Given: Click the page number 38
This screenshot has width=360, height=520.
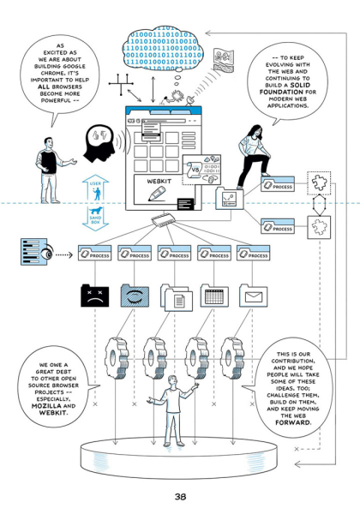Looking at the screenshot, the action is [x=180, y=497].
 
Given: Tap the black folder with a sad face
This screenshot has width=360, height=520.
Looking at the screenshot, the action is [x=95, y=296].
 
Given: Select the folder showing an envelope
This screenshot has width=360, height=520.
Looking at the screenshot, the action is [x=253, y=296].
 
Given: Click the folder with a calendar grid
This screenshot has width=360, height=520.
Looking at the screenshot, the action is [x=214, y=296].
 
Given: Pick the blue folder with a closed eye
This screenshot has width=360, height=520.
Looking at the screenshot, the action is [x=135, y=296].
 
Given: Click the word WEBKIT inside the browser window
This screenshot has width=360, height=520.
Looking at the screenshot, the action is [x=159, y=182].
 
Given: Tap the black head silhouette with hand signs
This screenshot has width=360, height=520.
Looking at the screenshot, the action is [x=99, y=143].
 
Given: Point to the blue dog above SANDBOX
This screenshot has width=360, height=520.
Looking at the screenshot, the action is [x=96, y=210].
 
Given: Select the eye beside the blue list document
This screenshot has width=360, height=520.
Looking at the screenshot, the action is [x=47, y=254].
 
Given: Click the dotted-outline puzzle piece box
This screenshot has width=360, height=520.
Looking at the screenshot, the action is [x=319, y=182].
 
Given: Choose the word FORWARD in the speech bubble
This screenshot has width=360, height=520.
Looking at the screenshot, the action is [x=293, y=422].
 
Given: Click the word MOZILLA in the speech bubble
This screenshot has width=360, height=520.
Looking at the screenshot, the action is [x=46, y=406].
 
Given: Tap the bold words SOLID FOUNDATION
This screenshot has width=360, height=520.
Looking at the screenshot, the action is [x=285, y=88].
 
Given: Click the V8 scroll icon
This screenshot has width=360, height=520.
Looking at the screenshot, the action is [x=195, y=170].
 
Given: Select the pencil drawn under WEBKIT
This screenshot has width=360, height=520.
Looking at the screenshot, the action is [x=157, y=194].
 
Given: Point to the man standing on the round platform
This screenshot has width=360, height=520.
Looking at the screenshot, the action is [x=172, y=410].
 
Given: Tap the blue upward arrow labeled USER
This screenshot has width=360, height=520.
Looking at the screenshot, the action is [x=95, y=188].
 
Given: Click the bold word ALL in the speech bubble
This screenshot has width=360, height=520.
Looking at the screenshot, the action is [x=44, y=87].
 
